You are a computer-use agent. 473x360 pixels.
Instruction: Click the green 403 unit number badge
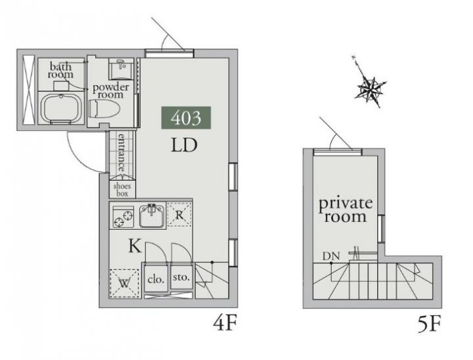tap(186, 118)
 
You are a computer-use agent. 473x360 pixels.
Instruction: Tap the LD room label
tap(184, 145)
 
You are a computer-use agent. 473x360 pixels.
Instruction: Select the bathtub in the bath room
tap(61, 108)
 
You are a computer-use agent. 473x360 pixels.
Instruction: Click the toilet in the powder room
tap(104, 108)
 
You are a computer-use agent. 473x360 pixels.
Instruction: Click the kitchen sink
tap(152, 215)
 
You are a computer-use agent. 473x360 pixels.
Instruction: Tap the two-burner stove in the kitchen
tap(123, 216)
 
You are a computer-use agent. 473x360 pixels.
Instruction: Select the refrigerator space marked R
tap(179, 215)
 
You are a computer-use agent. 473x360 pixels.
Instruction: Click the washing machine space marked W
tap(124, 283)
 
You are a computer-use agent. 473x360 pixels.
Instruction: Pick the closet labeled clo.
tap(156, 279)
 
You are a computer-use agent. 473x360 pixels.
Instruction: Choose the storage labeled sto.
tap(181, 277)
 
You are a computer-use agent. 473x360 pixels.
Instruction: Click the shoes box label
tap(122, 189)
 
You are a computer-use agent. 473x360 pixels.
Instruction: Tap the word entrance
tap(122, 152)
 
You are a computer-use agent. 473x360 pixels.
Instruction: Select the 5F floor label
tap(429, 323)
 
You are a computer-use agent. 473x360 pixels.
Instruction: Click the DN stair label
tap(331, 256)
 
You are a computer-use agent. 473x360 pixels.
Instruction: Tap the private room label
tap(346, 210)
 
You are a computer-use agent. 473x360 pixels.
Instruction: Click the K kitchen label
tap(135, 246)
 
